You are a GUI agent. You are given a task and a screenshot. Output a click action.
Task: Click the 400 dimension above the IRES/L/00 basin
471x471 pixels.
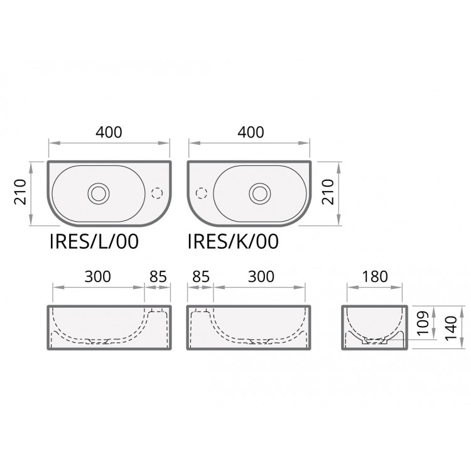pos(109,133)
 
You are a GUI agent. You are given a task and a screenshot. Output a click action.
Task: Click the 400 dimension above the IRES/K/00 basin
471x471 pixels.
pos(250,133)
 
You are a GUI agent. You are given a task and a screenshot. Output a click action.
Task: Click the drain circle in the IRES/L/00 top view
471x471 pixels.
pos(98,192)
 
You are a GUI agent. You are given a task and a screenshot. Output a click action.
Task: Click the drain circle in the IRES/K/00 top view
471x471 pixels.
pos(259,192)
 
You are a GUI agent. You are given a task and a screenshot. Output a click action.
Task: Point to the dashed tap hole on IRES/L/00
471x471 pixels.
pos(156,192)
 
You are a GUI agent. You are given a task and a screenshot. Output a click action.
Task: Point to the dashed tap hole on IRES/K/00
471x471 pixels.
pos(202,192)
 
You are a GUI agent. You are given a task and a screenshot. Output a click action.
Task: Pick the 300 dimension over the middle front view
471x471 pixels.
pos(261,276)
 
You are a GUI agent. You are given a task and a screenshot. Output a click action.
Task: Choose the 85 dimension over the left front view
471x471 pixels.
pos(158,276)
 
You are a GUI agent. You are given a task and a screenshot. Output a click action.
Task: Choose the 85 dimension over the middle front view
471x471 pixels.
pos(200,276)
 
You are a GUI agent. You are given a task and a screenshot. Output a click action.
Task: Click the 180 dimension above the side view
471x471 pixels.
pos(376,276)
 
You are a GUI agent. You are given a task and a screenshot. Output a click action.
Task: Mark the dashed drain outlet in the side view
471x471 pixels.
pos(376,342)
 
